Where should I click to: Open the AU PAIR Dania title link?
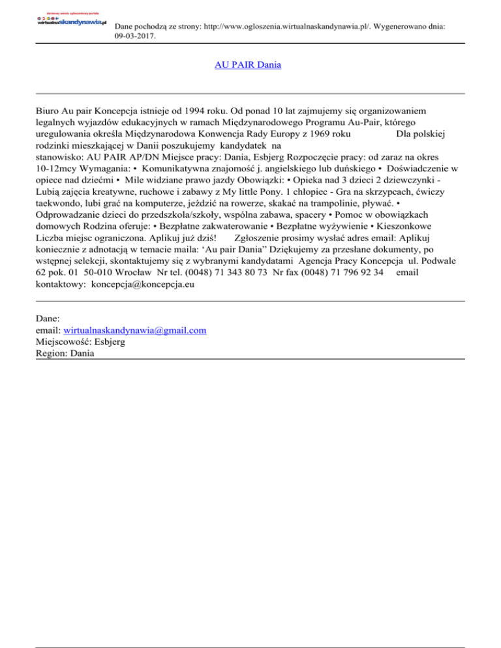pyautogui.click(x=248, y=65)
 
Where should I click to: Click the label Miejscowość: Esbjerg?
pyautogui.click(x=82, y=342)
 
